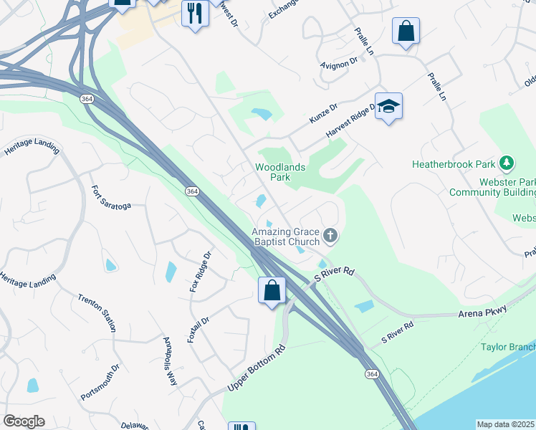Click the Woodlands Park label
pyautogui.click(x=281, y=172)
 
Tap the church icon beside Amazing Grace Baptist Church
pyautogui.click(x=330, y=235)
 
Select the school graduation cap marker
pyautogui.click(x=388, y=107)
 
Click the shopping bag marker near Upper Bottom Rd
pyautogui.click(x=272, y=291)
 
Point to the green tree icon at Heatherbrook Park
pyautogui.click(x=507, y=164)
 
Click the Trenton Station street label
pyautogui.click(x=97, y=312)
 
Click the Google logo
pyautogui.click(x=23, y=421)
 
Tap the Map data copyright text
pyautogui.click(x=506, y=424)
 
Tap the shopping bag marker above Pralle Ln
pyautogui.click(x=406, y=32)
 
